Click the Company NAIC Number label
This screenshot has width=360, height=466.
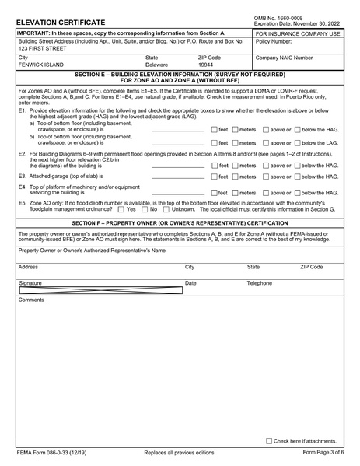click(285, 58)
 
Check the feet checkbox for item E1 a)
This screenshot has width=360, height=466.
click(215, 129)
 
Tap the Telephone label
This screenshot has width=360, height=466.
click(259, 283)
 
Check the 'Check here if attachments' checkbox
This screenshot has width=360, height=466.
click(269, 440)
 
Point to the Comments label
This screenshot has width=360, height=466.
click(32, 300)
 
